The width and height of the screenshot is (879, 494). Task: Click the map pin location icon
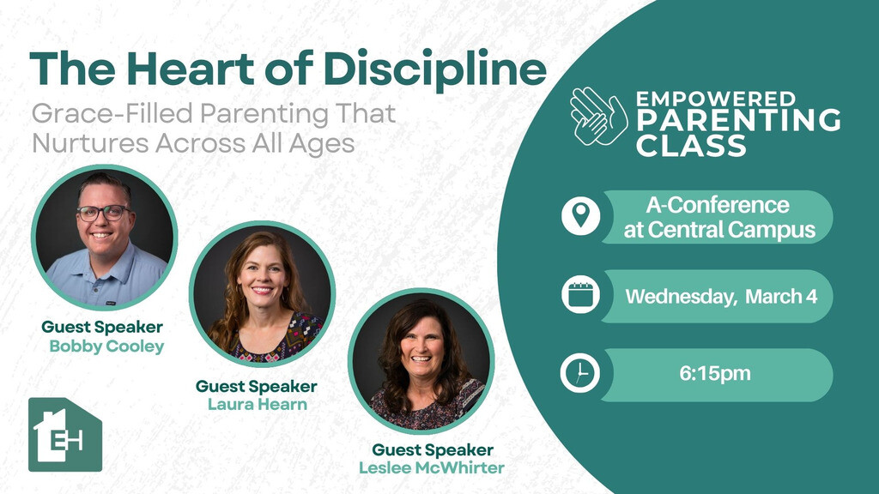[x=581, y=215]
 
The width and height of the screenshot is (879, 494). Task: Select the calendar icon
[x=581, y=295]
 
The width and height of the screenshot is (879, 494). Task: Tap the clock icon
[x=579, y=374]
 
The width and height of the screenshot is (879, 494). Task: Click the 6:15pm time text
[x=715, y=373]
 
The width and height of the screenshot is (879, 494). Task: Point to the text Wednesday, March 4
[x=721, y=296]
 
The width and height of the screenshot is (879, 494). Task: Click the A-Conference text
[x=718, y=205]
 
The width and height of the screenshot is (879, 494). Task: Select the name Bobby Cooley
[x=106, y=346]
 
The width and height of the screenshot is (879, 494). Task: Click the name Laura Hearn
[x=258, y=404]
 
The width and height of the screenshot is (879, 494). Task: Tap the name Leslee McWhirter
[x=432, y=467]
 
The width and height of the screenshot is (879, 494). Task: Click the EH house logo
[x=65, y=435]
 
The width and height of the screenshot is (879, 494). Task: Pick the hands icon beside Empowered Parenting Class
[x=598, y=117]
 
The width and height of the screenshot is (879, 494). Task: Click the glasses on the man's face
[x=104, y=213]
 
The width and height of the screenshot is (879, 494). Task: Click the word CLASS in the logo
[x=691, y=145]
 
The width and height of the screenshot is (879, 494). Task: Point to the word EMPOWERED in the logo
[x=716, y=99]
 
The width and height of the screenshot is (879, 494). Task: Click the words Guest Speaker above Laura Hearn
[x=256, y=386]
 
